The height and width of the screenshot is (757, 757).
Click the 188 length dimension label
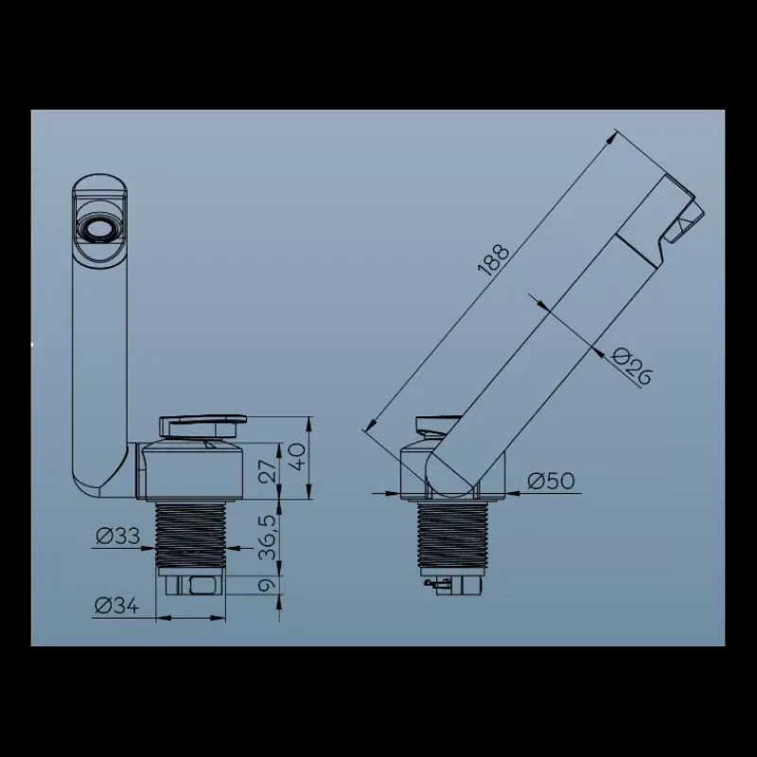[x=493, y=260]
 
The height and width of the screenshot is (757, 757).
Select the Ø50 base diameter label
[x=552, y=481]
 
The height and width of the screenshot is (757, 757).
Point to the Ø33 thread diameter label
[x=117, y=536]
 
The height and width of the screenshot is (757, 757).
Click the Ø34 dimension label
[x=116, y=606]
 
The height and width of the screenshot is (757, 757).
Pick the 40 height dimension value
[x=299, y=457]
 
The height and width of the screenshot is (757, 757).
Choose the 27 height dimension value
[x=270, y=469]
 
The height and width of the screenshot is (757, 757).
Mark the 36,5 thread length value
[x=269, y=537]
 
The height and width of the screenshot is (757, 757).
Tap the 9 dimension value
[x=269, y=585]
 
